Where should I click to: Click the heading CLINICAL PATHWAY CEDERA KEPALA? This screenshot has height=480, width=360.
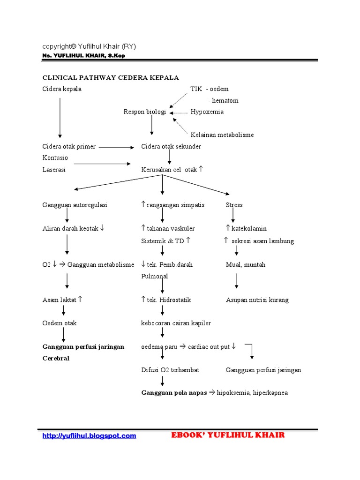click(x=111, y=77)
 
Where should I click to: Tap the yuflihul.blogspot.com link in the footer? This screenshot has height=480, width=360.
click(x=89, y=436)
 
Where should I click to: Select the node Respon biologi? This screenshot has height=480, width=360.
click(x=144, y=112)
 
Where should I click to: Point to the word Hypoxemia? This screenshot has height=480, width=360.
click(x=207, y=112)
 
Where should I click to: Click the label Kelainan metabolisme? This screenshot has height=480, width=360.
click(x=222, y=135)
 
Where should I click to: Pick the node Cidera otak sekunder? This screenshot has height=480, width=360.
click(x=171, y=147)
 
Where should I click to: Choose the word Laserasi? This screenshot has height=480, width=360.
click(x=54, y=170)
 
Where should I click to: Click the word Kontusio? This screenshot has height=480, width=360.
click(x=55, y=158)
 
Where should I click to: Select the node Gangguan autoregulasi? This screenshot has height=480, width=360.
click(x=75, y=205)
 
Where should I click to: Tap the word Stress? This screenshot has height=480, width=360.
click(x=234, y=205)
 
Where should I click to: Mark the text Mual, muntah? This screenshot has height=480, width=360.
click(x=245, y=265)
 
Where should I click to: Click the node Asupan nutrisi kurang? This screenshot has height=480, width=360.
click(x=257, y=300)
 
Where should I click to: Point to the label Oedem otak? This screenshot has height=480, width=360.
click(x=60, y=323)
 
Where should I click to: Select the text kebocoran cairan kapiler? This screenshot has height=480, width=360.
click(x=176, y=323)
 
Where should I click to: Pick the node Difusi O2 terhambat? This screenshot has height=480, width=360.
click(x=170, y=370)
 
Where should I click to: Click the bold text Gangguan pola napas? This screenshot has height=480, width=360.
click(x=174, y=393)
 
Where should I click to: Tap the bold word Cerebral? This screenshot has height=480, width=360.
click(x=56, y=359)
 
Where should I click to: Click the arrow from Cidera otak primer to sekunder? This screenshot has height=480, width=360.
click(x=116, y=147)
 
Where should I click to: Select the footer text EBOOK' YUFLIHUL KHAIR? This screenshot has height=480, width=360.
click(x=228, y=435)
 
